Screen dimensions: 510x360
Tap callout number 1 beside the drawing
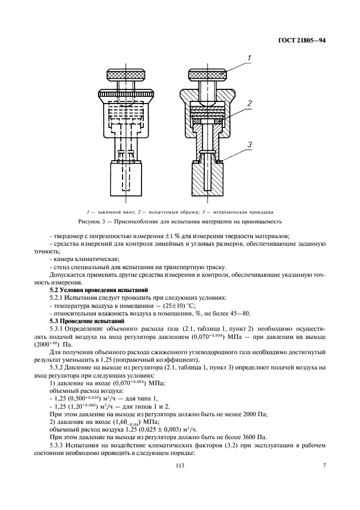[x=248, y=58]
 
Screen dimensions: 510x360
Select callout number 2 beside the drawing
[x=248, y=103]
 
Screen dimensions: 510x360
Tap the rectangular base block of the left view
[x=125, y=181]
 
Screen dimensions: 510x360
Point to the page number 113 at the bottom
[x=180, y=465]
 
